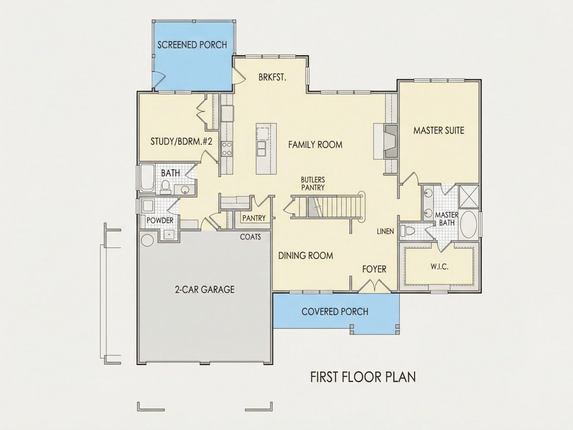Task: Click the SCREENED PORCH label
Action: (x=192, y=45)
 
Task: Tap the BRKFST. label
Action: (x=272, y=78)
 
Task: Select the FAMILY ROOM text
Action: (x=315, y=145)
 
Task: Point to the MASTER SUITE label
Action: (x=439, y=130)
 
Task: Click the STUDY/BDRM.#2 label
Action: (x=181, y=141)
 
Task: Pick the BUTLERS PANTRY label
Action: (x=313, y=183)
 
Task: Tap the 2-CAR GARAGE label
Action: (x=205, y=290)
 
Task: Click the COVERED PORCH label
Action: (x=335, y=312)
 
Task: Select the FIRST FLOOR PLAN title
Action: (x=363, y=377)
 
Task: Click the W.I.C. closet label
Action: (x=439, y=266)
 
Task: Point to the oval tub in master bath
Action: (x=469, y=224)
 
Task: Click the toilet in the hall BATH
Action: (x=166, y=187)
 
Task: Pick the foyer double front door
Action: (x=374, y=286)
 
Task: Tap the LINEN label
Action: (x=385, y=231)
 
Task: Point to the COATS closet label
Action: (x=251, y=237)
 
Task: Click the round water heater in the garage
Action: (x=147, y=240)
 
